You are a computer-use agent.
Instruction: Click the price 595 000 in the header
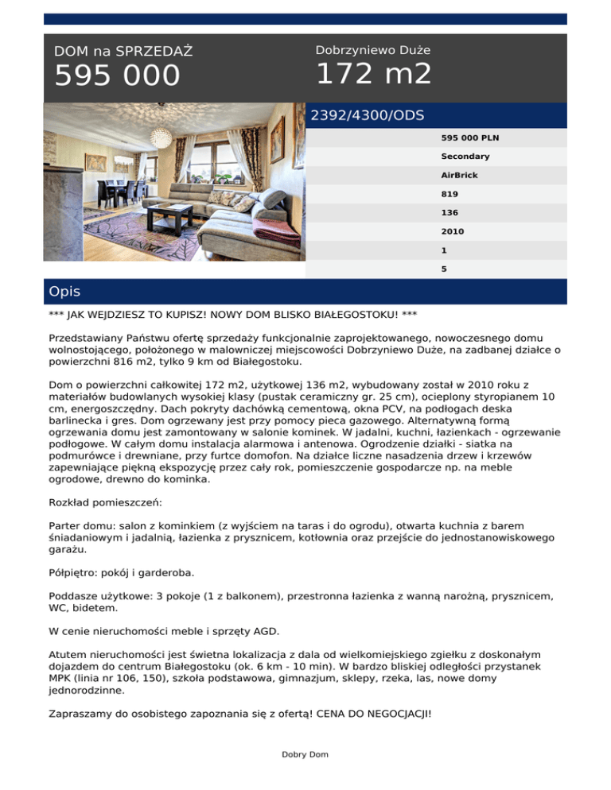click(117, 76)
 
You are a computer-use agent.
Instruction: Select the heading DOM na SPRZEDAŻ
click(123, 52)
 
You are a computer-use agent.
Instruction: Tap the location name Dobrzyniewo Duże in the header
click(373, 50)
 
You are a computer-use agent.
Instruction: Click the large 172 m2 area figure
click(373, 75)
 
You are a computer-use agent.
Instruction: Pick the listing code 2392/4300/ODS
click(367, 115)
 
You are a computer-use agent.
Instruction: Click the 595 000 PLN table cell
click(465, 137)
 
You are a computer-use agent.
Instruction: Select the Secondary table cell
click(465, 157)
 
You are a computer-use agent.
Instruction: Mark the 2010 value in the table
click(453, 232)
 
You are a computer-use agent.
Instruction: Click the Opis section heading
click(64, 292)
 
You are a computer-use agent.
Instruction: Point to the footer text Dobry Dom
click(305, 754)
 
